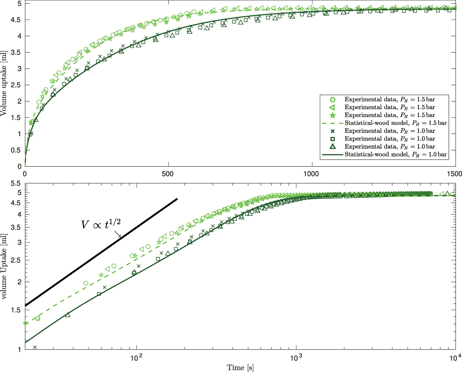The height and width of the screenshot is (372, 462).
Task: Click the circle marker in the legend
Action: pos(333,100)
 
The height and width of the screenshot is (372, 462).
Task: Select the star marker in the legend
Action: pos(333,115)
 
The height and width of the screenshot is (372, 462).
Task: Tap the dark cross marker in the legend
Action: pos(333,131)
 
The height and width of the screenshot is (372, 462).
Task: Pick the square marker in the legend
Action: pos(333,139)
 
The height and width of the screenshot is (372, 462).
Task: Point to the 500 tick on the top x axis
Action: pos(168,174)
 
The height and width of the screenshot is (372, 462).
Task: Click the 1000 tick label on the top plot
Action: pos(311,174)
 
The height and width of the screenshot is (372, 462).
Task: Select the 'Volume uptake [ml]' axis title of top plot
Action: pos(4,84)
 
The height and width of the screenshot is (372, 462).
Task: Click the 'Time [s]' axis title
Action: pos(240,367)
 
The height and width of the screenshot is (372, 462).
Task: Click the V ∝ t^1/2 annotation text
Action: pos(101,224)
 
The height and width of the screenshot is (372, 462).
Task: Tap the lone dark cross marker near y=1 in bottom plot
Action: pos(35,347)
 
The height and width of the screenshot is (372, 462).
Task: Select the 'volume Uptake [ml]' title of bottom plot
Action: pos(4,266)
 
